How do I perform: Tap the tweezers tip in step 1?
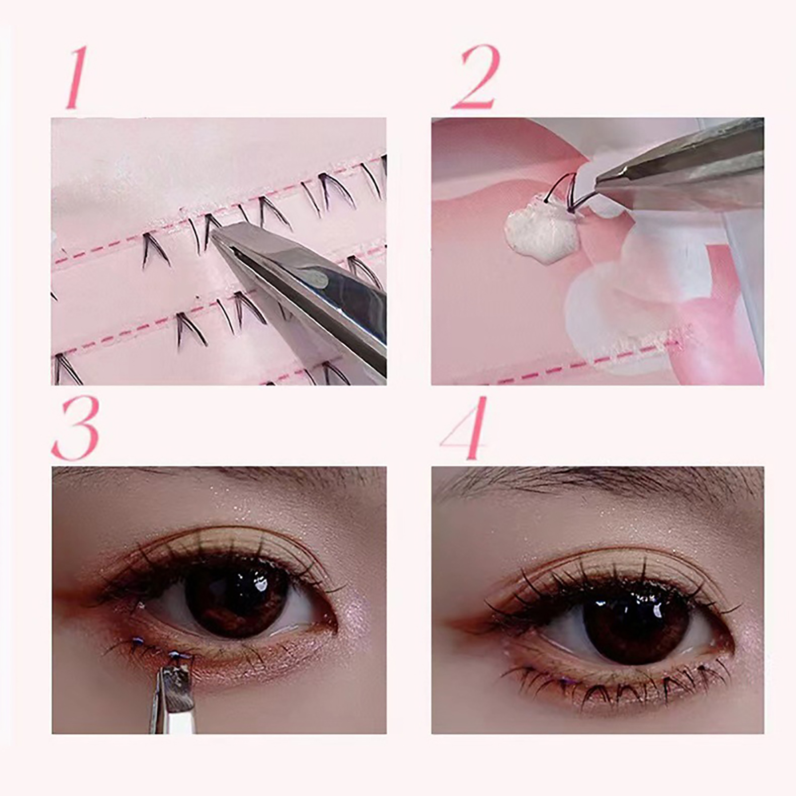(215, 236)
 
